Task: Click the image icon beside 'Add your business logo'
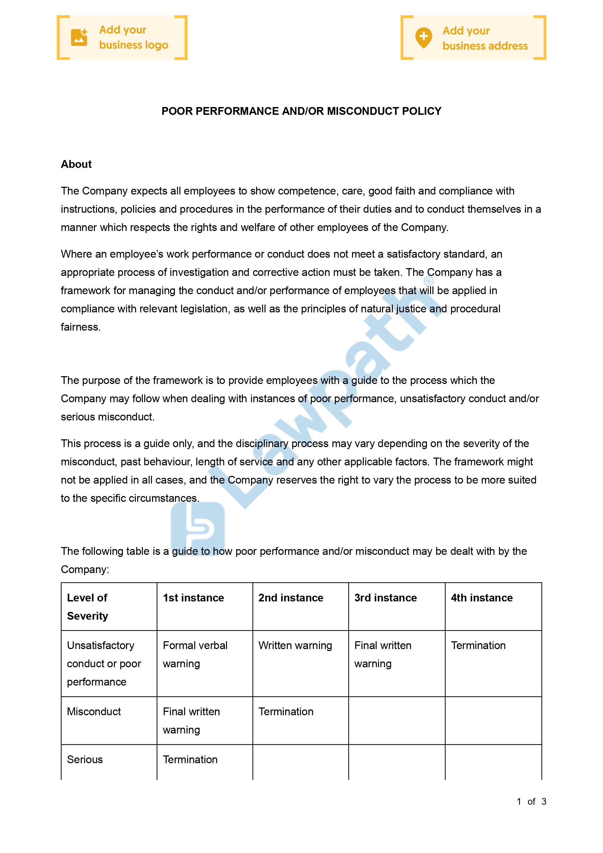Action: [x=79, y=37]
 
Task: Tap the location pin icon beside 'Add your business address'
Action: [x=423, y=37]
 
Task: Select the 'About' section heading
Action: [x=76, y=164]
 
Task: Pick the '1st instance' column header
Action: [x=193, y=598]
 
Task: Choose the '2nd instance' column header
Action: [x=291, y=598]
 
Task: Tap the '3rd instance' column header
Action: [x=385, y=598]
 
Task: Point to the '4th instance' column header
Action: [x=482, y=598]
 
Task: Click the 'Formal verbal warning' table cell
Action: [x=195, y=654]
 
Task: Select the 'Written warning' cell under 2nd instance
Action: [x=295, y=645]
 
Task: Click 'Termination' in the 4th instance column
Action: [x=478, y=645]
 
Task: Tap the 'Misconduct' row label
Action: [x=94, y=712]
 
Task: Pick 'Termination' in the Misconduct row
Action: [x=286, y=712]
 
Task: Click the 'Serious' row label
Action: [x=85, y=759]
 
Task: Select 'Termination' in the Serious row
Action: [x=190, y=759]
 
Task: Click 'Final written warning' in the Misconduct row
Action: [x=191, y=720]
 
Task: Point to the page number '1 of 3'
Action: [x=531, y=801]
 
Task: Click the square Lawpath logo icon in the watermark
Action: [x=198, y=528]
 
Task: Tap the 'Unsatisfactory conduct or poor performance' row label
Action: [x=104, y=664]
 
